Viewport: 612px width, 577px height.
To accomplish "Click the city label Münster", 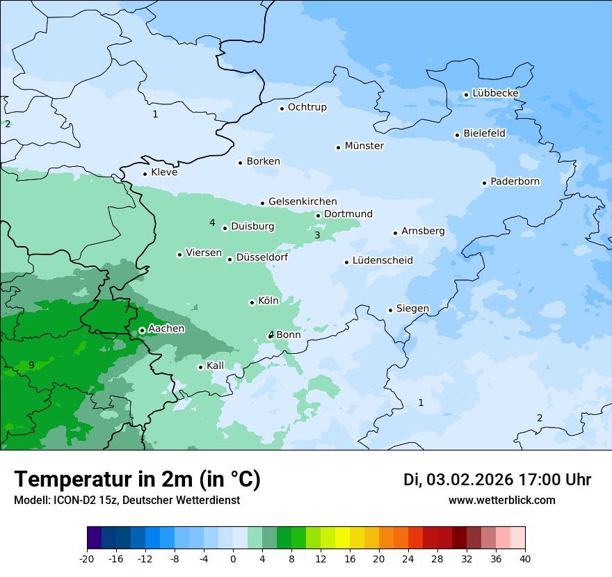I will (364, 146).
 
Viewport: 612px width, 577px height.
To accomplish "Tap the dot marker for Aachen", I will (142, 330).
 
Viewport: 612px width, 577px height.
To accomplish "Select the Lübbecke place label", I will (495, 93).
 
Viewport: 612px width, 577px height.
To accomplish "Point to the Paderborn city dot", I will (484, 183).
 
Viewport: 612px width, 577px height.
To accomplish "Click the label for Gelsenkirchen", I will (303, 202).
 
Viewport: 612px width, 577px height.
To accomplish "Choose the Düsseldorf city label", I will (262, 258).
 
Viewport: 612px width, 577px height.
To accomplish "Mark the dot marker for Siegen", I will (390, 310).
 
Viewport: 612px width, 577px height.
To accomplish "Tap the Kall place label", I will (216, 366).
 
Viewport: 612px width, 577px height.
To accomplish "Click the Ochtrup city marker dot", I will (282, 108).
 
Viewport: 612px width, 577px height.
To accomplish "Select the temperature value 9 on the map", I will (31, 365).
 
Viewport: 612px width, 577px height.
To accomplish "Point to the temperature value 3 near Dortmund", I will (317, 236).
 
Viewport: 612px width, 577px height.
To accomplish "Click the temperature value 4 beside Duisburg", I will (212, 222).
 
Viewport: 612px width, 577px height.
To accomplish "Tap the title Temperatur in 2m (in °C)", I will (138, 479).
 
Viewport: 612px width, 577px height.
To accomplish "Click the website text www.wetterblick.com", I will (501, 500).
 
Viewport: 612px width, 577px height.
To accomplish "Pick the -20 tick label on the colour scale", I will (87, 559).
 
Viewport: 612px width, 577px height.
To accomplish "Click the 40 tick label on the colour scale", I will (525, 559).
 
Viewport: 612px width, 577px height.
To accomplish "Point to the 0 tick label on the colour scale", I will (233, 559).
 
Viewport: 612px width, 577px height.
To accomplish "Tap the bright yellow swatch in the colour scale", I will (342, 538).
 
